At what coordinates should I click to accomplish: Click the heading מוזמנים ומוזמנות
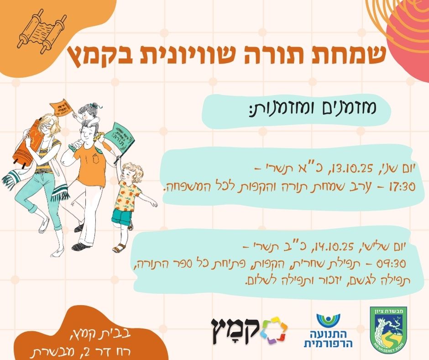click(313, 108)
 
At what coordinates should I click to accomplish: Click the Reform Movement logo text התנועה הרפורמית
click(328, 339)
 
